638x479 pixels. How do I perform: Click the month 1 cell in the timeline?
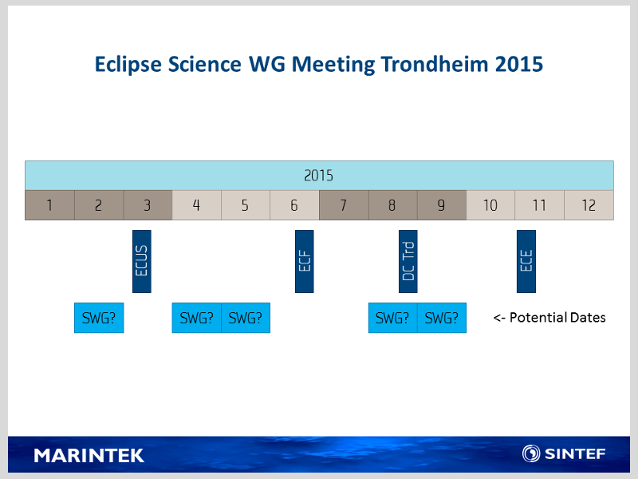point(49,205)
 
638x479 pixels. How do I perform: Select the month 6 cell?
point(294,205)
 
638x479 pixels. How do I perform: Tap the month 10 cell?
point(490,205)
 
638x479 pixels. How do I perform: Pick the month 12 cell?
point(589,205)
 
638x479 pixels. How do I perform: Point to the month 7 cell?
point(344,205)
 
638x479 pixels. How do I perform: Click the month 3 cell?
point(148,205)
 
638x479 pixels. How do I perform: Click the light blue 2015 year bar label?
point(319,176)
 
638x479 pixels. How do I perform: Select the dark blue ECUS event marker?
point(142,261)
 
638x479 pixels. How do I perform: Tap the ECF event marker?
point(305,261)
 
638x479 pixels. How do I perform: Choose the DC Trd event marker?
point(408,261)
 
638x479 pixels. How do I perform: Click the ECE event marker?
point(526,261)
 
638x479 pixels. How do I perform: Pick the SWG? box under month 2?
point(99,318)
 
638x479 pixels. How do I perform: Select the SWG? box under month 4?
point(196,318)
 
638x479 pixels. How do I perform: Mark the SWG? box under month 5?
point(246,318)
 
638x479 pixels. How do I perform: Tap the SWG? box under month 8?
point(393,318)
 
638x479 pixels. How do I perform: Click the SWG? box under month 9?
point(442,318)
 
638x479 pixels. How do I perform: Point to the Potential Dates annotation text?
point(549,317)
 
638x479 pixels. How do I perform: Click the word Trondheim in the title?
point(435,64)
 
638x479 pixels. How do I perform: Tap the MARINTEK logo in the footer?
point(89,455)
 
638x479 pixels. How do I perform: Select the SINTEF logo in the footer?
point(564,453)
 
